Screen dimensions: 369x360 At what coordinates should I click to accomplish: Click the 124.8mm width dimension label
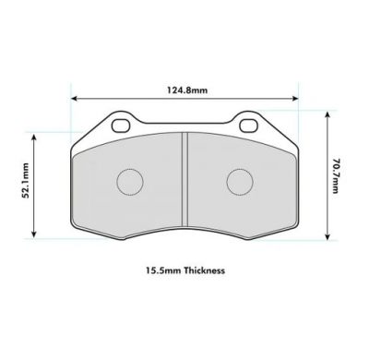[x=187, y=90]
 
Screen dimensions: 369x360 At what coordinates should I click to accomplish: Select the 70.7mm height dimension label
[x=336, y=175]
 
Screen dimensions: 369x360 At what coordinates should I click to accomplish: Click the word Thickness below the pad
[x=205, y=270]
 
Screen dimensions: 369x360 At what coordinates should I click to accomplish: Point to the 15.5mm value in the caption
[x=163, y=270]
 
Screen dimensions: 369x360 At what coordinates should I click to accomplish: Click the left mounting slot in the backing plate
[x=121, y=126]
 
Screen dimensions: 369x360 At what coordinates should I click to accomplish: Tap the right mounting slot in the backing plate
[x=248, y=126]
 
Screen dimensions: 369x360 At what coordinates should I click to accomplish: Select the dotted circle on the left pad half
[x=130, y=182]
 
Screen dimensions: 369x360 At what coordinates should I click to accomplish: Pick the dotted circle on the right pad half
[x=240, y=182]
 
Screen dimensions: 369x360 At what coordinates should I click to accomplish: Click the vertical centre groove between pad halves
[x=184, y=180]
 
